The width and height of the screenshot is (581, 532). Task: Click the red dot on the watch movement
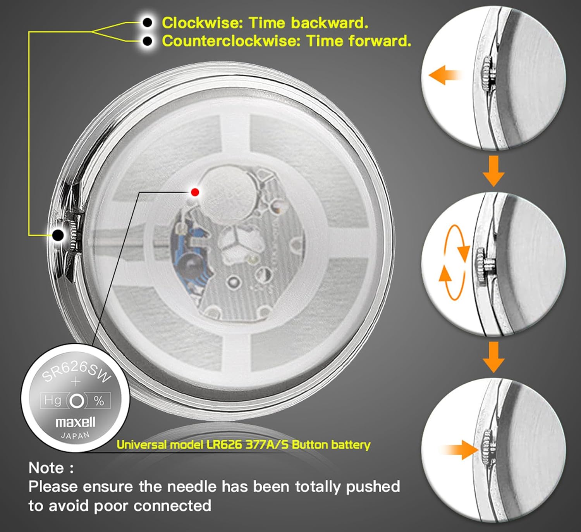[x=195, y=192]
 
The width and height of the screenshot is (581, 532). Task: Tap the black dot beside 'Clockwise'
[x=148, y=22]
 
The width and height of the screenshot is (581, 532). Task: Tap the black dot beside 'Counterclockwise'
[x=148, y=41]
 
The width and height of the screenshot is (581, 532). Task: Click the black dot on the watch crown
[x=58, y=235]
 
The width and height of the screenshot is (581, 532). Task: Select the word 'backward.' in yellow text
[x=330, y=22]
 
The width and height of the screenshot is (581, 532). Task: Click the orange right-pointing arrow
[x=459, y=450]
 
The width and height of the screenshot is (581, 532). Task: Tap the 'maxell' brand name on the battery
[x=75, y=422]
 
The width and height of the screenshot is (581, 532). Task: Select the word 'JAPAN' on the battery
[x=75, y=435]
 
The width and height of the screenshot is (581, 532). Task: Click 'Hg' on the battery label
[x=52, y=400]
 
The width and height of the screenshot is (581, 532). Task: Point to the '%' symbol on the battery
[x=99, y=401]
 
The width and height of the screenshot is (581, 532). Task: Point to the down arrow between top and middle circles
[x=493, y=171]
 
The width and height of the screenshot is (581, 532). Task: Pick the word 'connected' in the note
[x=172, y=506]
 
